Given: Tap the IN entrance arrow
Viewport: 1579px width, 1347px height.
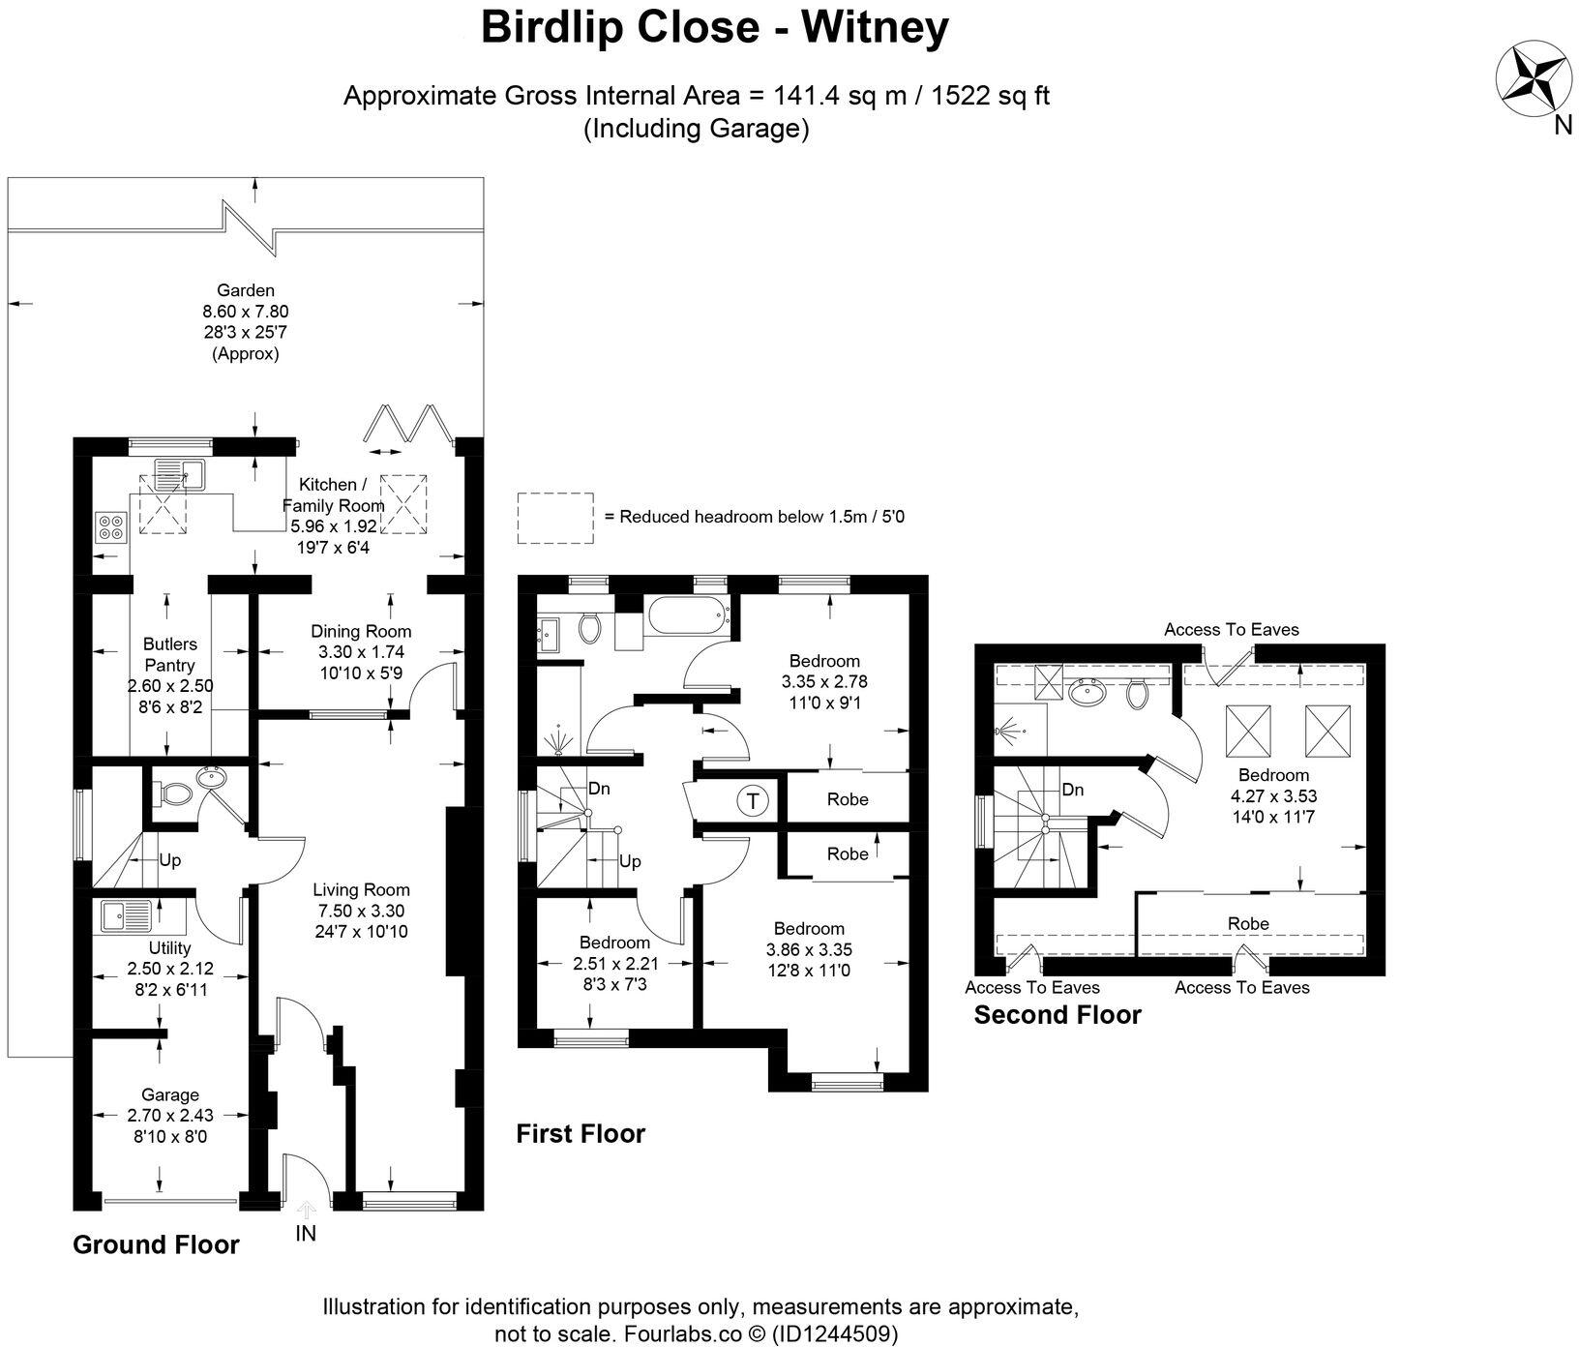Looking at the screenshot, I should pyautogui.click(x=306, y=1211).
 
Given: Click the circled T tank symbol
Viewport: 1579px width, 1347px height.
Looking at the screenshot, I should pyautogui.click(x=752, y=801).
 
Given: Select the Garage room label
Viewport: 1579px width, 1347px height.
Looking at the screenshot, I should pyautogui.click(x=170, y=1094).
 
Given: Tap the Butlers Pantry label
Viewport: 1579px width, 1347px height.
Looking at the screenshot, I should pyautogui.click(x=169, y=654).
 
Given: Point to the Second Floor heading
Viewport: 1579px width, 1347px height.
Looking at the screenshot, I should pyautogui.click(x=1057, y=1015).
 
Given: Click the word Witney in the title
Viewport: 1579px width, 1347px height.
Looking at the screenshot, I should pyautogui.click(x=874, y=28).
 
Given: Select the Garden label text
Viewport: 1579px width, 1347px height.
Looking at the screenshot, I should pyautogui.click(x=245, y=289).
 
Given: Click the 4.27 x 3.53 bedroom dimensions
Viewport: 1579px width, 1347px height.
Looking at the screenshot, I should pyautogui.click(x=1273, y=796).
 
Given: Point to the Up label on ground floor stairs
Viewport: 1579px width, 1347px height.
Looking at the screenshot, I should pyautogui.click(x=169, y=860).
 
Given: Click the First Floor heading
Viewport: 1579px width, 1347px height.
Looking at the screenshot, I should pyautogui.click(x=580, y=1133).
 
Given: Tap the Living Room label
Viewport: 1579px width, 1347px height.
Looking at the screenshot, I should pyautogui.click(x=361, y=889).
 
